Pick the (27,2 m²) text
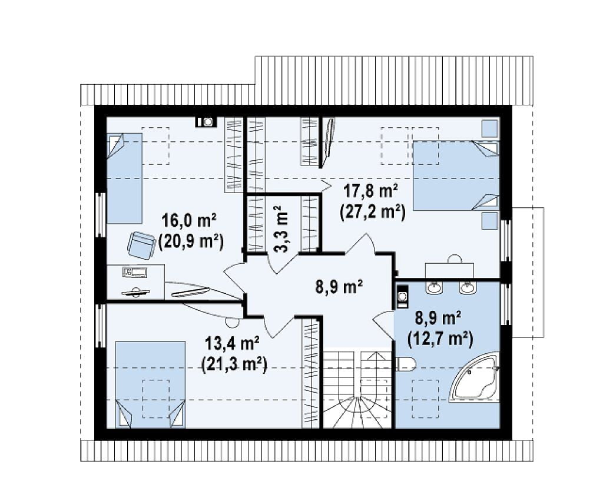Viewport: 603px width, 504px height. click(x=372, y=212)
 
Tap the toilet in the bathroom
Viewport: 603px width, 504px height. click(x=405, y=364)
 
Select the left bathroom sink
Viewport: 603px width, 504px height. click(x=435, y=287)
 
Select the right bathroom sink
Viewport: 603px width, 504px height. click(x=467, y=287)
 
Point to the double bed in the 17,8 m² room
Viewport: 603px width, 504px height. click(x=456, y=175)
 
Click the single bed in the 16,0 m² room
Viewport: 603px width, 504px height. click(x=124, y=178)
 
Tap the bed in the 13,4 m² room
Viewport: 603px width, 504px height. click(x=150, y=384)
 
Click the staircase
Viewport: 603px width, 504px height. click(x=357, y=388)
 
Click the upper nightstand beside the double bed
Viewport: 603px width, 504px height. click(x=490, y=128)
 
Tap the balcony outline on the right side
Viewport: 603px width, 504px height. click(x=528, y=273)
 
